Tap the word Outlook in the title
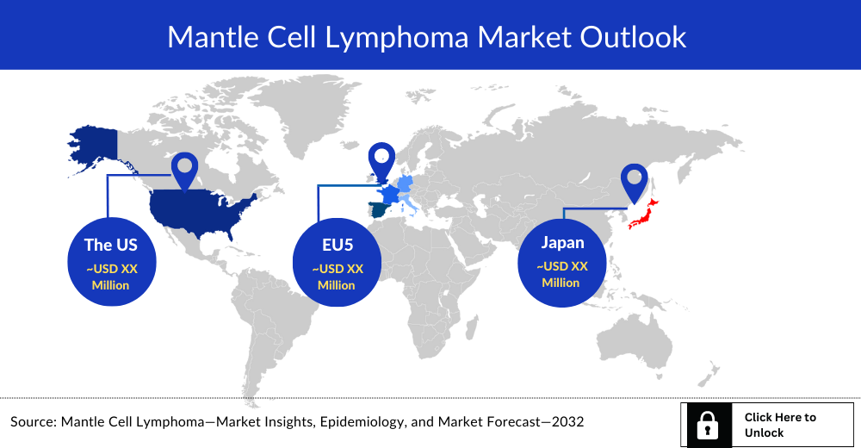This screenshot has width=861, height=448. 633,37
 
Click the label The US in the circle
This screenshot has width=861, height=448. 111,245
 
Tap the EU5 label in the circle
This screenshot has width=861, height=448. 338,245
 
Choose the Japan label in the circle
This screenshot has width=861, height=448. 562,242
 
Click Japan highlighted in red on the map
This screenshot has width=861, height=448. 644,215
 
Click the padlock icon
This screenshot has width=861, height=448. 708,426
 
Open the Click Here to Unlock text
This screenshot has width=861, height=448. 780,425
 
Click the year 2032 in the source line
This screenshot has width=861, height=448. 567,421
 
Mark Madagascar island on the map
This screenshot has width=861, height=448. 471,328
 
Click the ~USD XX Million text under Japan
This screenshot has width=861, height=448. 561,274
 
